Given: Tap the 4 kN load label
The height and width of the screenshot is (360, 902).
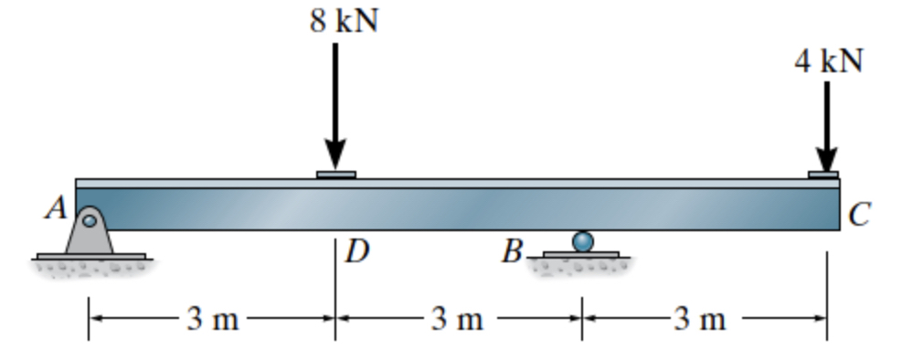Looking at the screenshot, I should pos(828,60).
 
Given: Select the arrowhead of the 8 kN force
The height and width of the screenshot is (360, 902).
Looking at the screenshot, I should pos(335,155).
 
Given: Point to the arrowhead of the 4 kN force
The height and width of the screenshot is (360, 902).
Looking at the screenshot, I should pos(827,157).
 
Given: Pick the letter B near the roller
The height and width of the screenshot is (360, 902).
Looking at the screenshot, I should pos(512,250).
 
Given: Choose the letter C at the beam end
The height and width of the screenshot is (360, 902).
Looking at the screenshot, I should pos(859,215).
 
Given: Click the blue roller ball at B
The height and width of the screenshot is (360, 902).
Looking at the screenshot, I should pos(582,241).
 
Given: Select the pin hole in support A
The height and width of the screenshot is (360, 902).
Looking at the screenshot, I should pos(89,220).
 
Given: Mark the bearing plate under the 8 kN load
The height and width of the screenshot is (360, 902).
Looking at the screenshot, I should pos(335,174).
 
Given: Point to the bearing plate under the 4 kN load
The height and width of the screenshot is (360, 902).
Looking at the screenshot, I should pos(822,174).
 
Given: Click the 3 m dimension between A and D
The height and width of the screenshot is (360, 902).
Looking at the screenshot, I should pos(212,319).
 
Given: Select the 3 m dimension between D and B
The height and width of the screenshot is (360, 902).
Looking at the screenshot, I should pos(457,319).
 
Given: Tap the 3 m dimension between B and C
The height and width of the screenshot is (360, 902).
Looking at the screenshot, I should pos(701,319).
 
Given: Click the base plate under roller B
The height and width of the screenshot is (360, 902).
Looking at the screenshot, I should pos(581,254).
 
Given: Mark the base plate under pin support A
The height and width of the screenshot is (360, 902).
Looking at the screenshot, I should pos(90,256).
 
